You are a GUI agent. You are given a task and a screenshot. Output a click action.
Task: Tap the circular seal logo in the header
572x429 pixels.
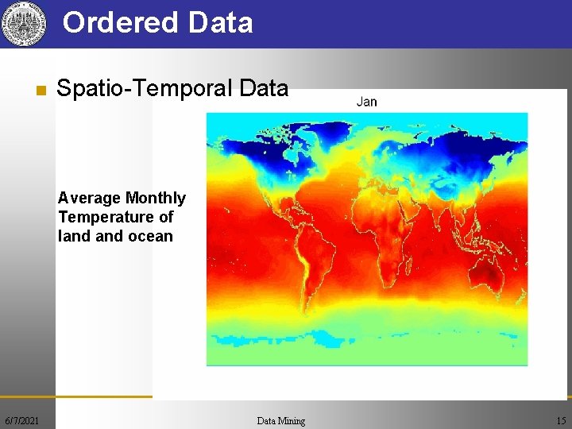click(x=21, y=24)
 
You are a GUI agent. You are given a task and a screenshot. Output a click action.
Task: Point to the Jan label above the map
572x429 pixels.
click(x=367, y=102)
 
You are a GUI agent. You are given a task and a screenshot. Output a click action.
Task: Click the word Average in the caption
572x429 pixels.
click(x=89, y=198)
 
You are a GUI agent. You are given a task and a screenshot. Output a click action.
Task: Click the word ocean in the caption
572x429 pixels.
click(x=151, y=236)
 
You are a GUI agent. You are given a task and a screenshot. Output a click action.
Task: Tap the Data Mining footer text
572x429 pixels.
click(x=281, y=420)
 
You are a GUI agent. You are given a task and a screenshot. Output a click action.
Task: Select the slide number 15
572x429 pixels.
click(x=562, y=420)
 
